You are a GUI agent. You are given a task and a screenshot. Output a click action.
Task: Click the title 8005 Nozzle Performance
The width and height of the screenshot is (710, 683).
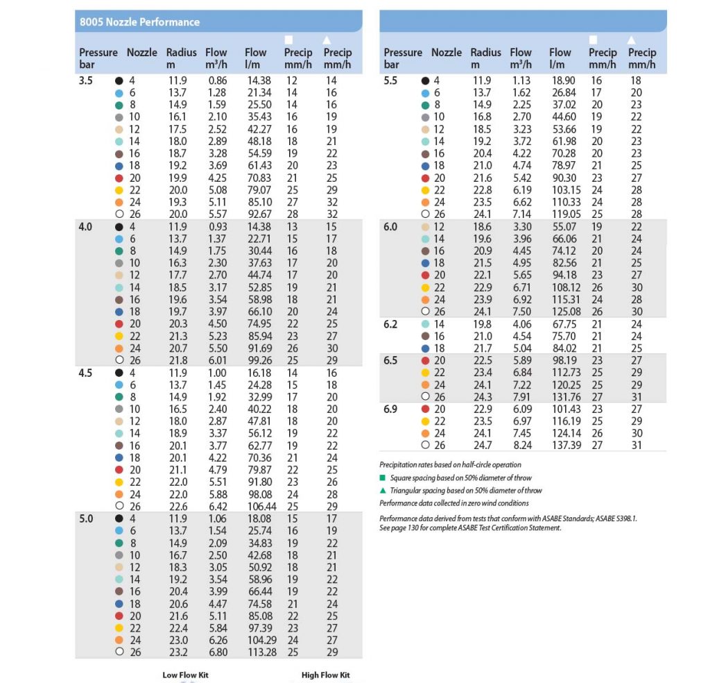[x=139, y=22]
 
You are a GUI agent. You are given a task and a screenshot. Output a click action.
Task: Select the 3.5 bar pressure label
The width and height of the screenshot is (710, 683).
[x=85, y=81]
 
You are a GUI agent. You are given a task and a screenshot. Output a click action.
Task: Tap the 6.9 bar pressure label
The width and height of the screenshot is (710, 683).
[x=390, y=410]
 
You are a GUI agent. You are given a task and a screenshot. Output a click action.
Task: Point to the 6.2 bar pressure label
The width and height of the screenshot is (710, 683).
[x=390, y=324]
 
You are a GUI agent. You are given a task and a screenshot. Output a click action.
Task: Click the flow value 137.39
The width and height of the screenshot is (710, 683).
[x=566, y=446]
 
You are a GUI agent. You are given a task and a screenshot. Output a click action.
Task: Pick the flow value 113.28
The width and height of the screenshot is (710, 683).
[x=262, y=652]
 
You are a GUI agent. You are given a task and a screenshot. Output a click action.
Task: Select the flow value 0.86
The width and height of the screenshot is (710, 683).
[x=217, y=81]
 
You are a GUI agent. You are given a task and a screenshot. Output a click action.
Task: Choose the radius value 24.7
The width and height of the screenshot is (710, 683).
[x=483, y=446]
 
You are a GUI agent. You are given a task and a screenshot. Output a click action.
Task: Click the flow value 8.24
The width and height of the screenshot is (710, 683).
[x=523, y=446]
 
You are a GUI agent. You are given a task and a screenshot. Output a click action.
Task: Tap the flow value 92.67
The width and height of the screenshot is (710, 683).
[x=259, y=214]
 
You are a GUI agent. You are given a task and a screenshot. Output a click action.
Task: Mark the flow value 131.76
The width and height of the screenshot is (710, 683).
[x=566, y=397]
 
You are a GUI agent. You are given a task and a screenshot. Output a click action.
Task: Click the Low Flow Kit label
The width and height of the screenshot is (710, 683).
[x=186, y=675]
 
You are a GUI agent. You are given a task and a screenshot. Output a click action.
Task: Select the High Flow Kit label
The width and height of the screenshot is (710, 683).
[x=326, y=675]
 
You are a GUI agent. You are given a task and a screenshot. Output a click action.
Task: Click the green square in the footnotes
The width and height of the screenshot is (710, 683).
[x=383, y=478]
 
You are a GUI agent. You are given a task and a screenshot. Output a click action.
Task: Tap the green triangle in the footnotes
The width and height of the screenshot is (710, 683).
[x=383, y=490]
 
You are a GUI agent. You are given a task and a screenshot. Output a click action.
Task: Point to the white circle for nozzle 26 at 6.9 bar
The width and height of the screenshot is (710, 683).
[x=425, y=445]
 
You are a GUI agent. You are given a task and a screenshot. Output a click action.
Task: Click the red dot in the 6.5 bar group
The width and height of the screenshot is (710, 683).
[x=425, y=361]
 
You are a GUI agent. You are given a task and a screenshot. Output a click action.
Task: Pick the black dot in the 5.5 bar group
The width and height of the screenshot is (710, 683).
[x=425, y=81]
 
